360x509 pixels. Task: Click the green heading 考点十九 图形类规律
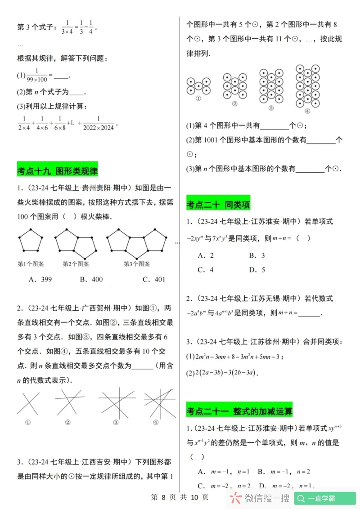[57, 171]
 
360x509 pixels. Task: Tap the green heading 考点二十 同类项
[218, 205]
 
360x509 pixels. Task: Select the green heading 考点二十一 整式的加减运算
[239, 411]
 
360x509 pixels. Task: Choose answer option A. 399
[40, 279]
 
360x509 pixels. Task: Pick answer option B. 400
[91, 279]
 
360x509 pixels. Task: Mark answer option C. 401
[153, 279]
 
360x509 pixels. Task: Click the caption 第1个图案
[31, 264]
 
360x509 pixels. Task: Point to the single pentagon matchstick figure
[31, 241]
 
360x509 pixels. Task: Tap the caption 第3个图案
[137, 264]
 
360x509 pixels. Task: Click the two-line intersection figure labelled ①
[27, 403]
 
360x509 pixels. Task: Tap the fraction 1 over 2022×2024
[99, 123]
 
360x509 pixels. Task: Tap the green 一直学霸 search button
[325, 498]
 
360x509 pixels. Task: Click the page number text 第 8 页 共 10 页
[180, 497]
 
